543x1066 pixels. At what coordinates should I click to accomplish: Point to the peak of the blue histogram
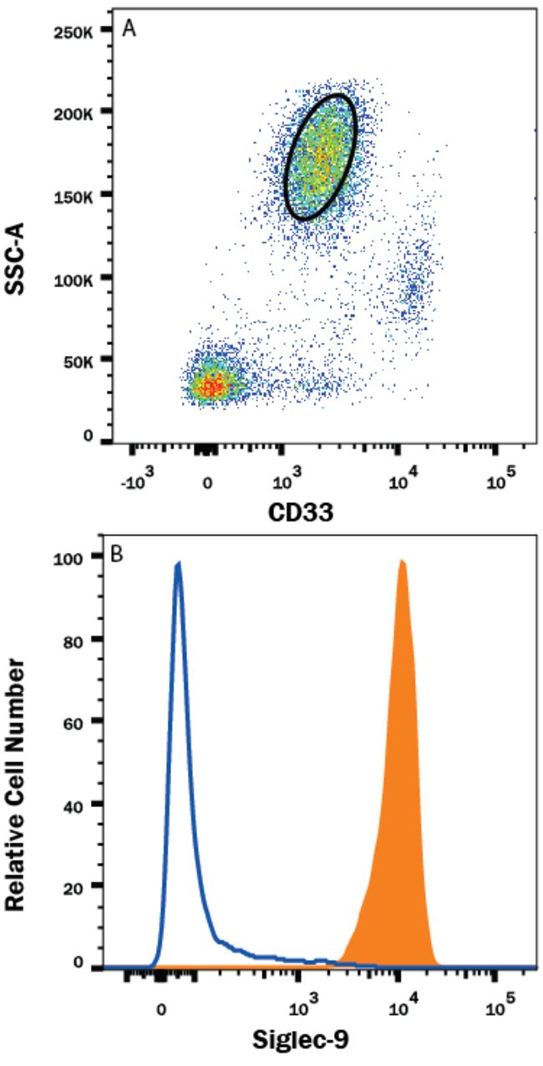point(178,565)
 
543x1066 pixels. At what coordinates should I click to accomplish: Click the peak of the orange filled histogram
point(403,562)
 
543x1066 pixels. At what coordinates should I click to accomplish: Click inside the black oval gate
point(321,156)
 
